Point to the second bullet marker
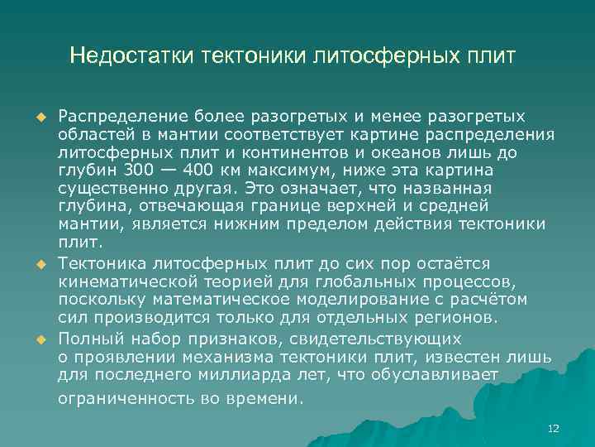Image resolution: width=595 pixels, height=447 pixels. pyautogui.click(x=38, y=263)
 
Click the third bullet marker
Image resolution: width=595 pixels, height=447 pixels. pyautogui.click(x=38, y=339)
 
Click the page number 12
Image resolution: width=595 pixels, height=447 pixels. pyautogui.click(x=554, y=428)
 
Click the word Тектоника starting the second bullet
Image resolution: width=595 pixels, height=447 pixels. pyautogui.click(x=100, y=263)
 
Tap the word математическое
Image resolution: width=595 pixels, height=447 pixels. pyautogui.click(x=216, y=299)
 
